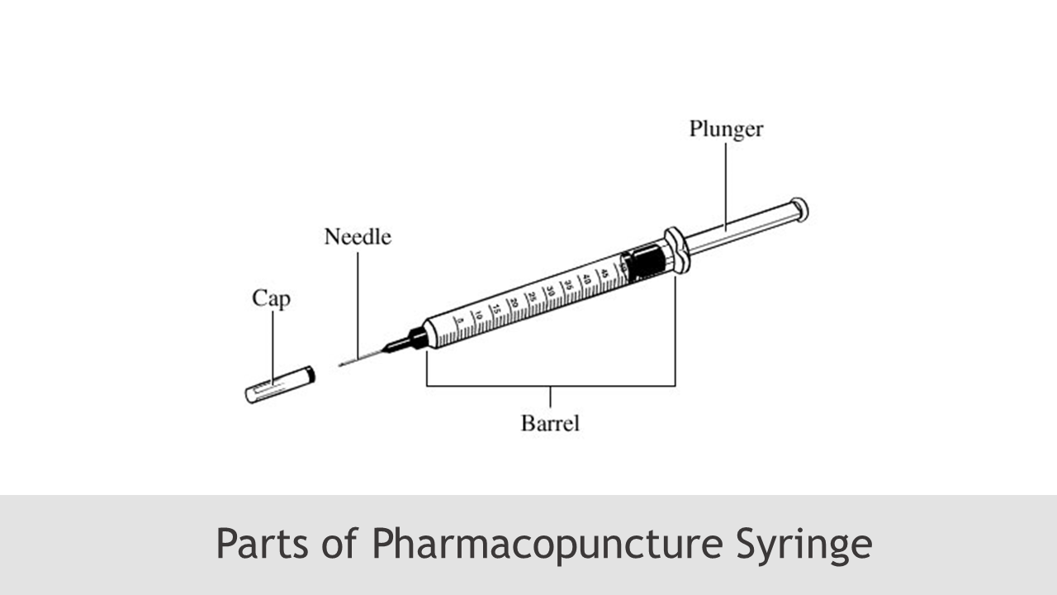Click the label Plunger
[x=726, y=130]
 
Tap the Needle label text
[x=357, y=237]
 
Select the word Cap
[x=271, y=298]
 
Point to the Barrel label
[x=550, y=423]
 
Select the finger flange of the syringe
[x=677, y=250]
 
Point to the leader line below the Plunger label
[x=726, y=182]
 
